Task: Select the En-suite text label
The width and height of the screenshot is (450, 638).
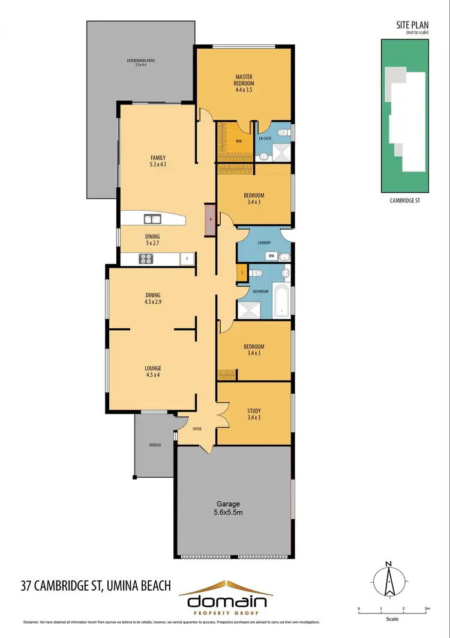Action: coord(265,139)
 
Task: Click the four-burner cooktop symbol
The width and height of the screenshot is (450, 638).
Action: coord(146,259)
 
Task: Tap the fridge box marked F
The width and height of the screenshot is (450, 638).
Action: coord(187,259)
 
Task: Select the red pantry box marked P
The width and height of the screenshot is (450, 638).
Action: coord(211,220)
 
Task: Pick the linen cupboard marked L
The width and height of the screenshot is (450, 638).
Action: coord(242,273)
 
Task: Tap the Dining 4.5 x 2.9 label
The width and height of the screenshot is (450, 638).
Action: coord(152,298)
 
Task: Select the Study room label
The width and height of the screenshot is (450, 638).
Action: coord(254,414)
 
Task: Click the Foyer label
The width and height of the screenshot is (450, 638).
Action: coord(196,429)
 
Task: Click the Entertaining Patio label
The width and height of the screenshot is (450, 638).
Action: coord(141,62)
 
